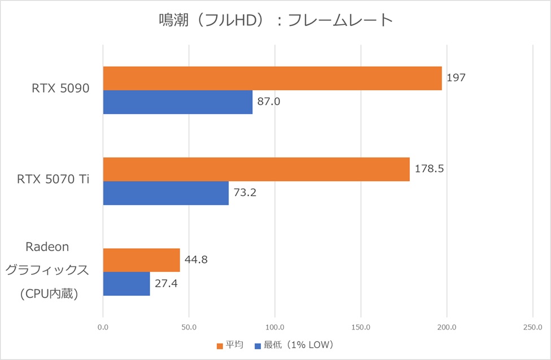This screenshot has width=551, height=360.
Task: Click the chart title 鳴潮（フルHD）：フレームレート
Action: coord(275,21)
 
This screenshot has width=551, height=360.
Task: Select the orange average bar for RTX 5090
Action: coord(272,78)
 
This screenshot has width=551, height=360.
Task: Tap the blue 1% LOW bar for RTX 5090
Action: coord(177,102)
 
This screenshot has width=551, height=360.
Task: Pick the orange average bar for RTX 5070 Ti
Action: coord(256,169)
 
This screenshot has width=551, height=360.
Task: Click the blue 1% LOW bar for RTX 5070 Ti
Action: coord(165,193)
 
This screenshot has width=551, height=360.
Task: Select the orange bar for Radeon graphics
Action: coord(141,260)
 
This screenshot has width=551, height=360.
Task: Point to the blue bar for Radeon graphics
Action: coord(126,284)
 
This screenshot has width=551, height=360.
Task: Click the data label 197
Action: coord(456,78)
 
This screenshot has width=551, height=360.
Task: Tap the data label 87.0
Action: coord(269,102)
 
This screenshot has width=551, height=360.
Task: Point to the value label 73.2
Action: coord(245,193)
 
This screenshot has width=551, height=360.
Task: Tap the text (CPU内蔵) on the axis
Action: coord(48,294)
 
